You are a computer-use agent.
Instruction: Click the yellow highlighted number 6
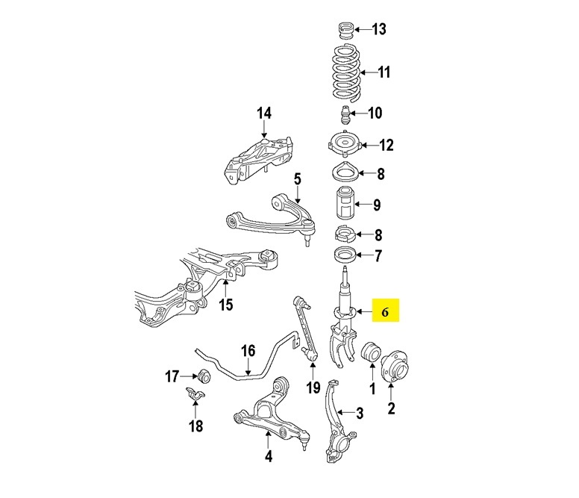click(x=385, y=313)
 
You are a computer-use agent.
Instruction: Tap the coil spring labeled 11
click(x=346, y=72)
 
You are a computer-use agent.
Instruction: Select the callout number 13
click(x=378, y=29)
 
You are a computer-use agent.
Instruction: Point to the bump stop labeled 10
click(x=345, y=115)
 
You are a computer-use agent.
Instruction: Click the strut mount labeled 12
click(x=345, y=144)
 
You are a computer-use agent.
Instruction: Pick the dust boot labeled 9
click(x=345, y=204)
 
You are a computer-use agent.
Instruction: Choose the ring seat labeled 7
click(x=345, y=255)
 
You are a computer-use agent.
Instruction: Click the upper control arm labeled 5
click(x=270, y=218)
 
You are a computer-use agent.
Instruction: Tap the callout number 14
click(x=264, y=113)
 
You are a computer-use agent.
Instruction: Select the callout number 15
click(x=225, y=305)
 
